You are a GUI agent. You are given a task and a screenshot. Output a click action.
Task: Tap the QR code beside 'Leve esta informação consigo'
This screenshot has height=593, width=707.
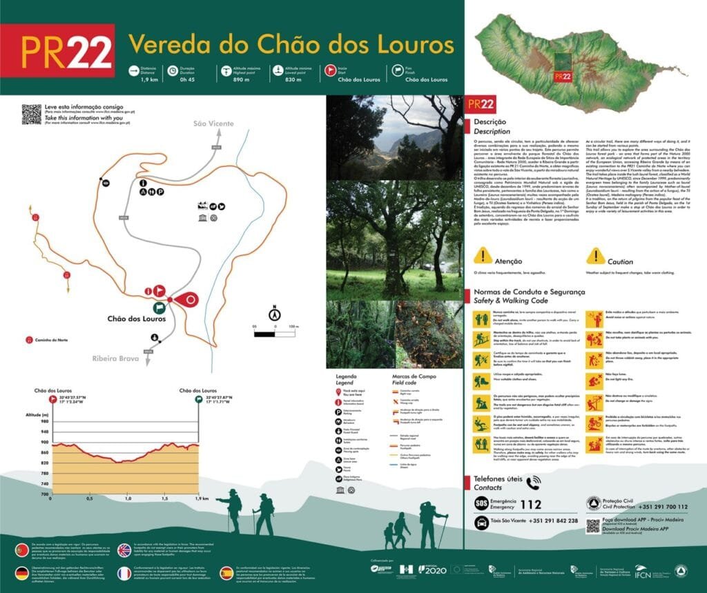[x=31, y=114]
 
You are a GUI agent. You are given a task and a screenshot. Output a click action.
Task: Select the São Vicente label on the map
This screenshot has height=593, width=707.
[x=210, y=124]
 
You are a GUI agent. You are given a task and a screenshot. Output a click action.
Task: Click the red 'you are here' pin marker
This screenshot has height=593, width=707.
[x=188, y=299]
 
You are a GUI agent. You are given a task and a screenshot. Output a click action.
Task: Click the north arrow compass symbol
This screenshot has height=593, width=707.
[x=274, y=314]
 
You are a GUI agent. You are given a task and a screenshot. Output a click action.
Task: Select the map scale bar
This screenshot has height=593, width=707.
[x=275, y=334]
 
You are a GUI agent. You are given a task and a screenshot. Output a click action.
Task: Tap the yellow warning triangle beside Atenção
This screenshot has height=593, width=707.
[x=481, y=257]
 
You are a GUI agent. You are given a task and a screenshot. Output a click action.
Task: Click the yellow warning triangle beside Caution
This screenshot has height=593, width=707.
[x=595, y=257]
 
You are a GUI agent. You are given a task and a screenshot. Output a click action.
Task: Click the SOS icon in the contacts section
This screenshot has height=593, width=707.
[x=481, y=504]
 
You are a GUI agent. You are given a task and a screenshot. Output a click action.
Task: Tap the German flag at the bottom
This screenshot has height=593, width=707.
[x=23, y=573]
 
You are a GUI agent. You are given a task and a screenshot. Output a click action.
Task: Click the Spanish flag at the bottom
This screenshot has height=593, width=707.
[x=226, y=573]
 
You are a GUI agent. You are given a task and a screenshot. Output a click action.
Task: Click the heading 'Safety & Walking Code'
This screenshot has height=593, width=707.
[x=510, y=301]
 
